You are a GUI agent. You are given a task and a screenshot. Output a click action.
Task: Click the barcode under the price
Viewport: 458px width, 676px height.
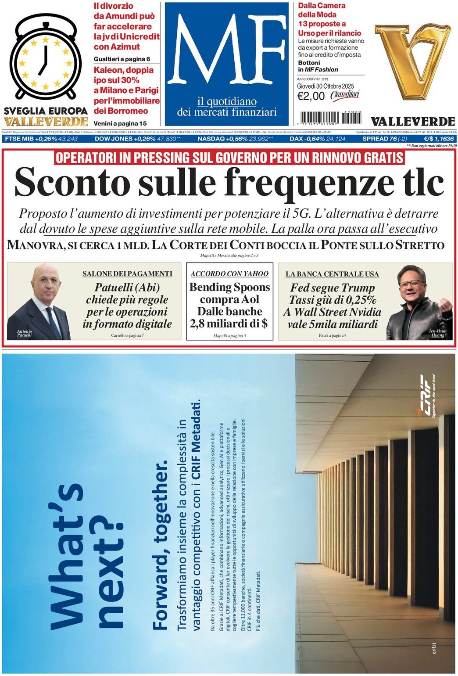(331, 118)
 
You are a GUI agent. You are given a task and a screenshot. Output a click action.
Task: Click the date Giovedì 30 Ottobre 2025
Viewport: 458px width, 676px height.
(325, 86)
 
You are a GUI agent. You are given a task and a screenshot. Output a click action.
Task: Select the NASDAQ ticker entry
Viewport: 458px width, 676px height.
(235, 139)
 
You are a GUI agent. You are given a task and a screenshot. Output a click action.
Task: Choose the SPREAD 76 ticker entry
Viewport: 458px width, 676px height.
(384, 139)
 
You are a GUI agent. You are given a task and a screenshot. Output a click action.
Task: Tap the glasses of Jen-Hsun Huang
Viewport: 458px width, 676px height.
(411, 284)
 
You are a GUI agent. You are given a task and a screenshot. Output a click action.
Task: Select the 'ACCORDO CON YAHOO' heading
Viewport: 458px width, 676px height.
(229, 273)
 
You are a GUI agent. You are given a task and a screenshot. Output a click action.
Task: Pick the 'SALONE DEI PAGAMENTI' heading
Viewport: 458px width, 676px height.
(127, 273)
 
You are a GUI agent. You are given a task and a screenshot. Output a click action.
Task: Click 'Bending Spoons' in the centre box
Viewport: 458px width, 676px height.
(229, 287)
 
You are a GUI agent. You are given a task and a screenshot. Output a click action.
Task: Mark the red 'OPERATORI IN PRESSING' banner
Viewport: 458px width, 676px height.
(229, 158)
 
